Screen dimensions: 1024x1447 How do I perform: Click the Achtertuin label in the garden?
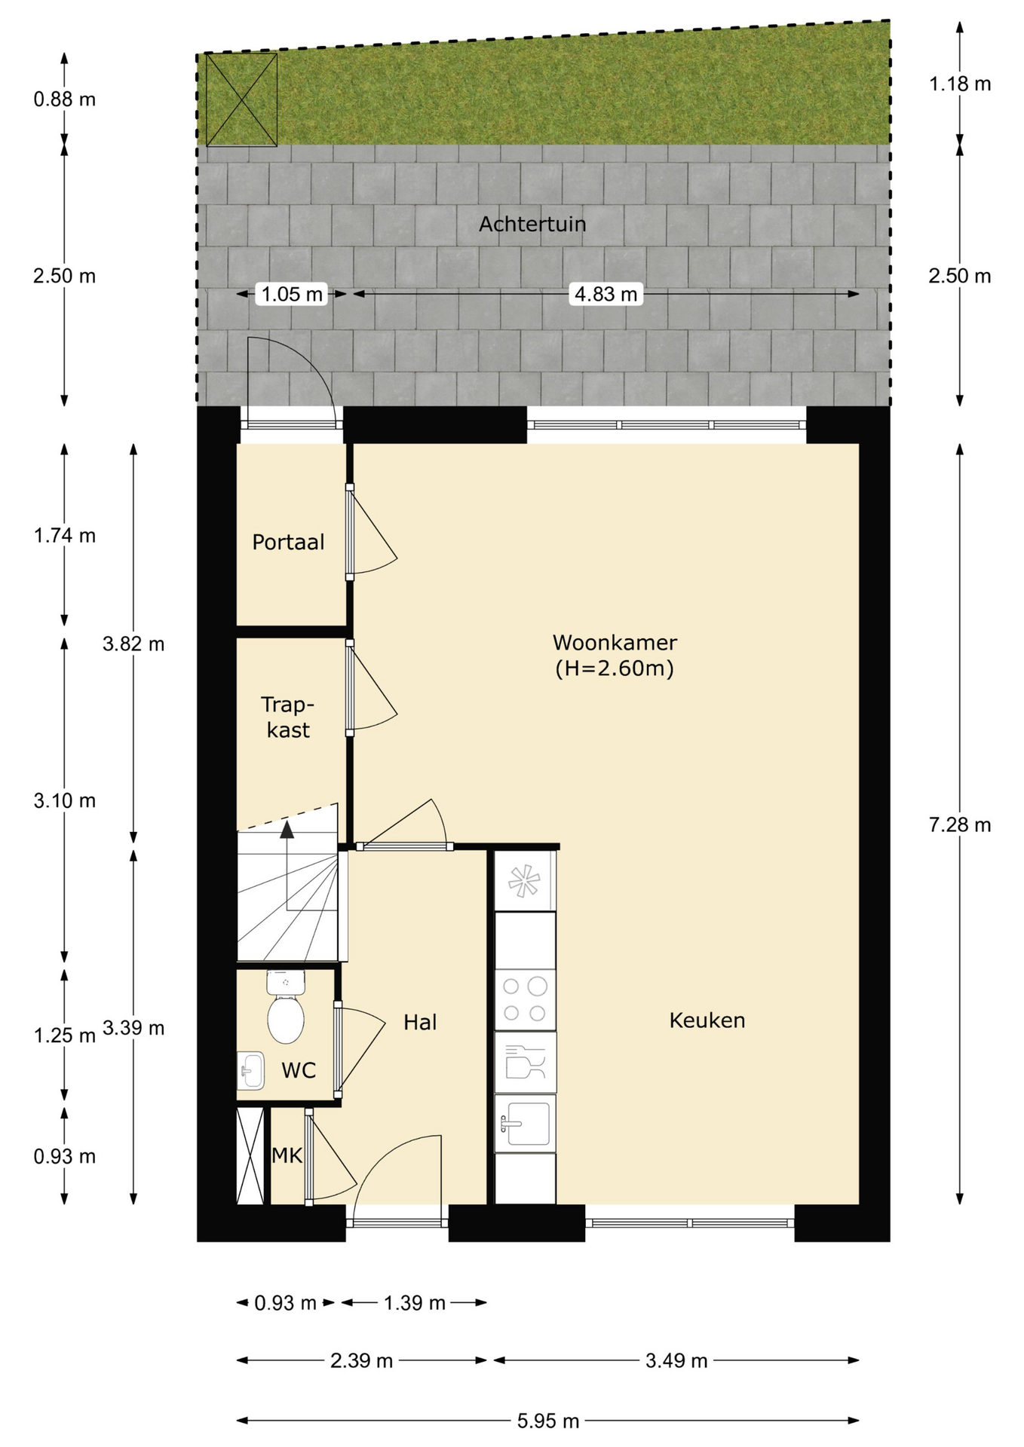tap(532, 224)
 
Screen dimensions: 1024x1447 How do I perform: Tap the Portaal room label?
tap(288, 542)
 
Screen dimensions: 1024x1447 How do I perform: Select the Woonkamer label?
tap(615, 643)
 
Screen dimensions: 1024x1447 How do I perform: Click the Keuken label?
tap(707, 1020)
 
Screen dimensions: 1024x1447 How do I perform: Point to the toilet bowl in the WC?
tap(286, 1018)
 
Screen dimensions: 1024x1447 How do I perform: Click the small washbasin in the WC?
tap(251, 1071)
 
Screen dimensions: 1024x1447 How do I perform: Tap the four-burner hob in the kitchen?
tap(525, 999)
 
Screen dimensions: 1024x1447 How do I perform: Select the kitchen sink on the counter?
tap(525, 1124)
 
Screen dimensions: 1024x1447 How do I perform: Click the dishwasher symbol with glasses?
tap(525, 1063)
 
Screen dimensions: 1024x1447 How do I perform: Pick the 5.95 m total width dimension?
tap(548, 1421)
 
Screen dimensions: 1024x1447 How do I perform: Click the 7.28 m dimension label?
tap(960, 824)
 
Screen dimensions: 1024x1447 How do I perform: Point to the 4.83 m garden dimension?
tap(606, 293)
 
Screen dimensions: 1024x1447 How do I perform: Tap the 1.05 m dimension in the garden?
tap(293, 293)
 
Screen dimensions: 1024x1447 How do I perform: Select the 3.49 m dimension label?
tap(676, 1360)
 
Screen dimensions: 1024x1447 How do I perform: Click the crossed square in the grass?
tap(241, 99)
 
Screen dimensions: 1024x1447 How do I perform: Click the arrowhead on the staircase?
tap(287, 829)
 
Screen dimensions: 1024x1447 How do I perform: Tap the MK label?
tap(287, 1155)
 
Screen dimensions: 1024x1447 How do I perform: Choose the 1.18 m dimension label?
tap(960, 84)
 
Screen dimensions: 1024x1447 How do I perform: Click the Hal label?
tap(420, 1022)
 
